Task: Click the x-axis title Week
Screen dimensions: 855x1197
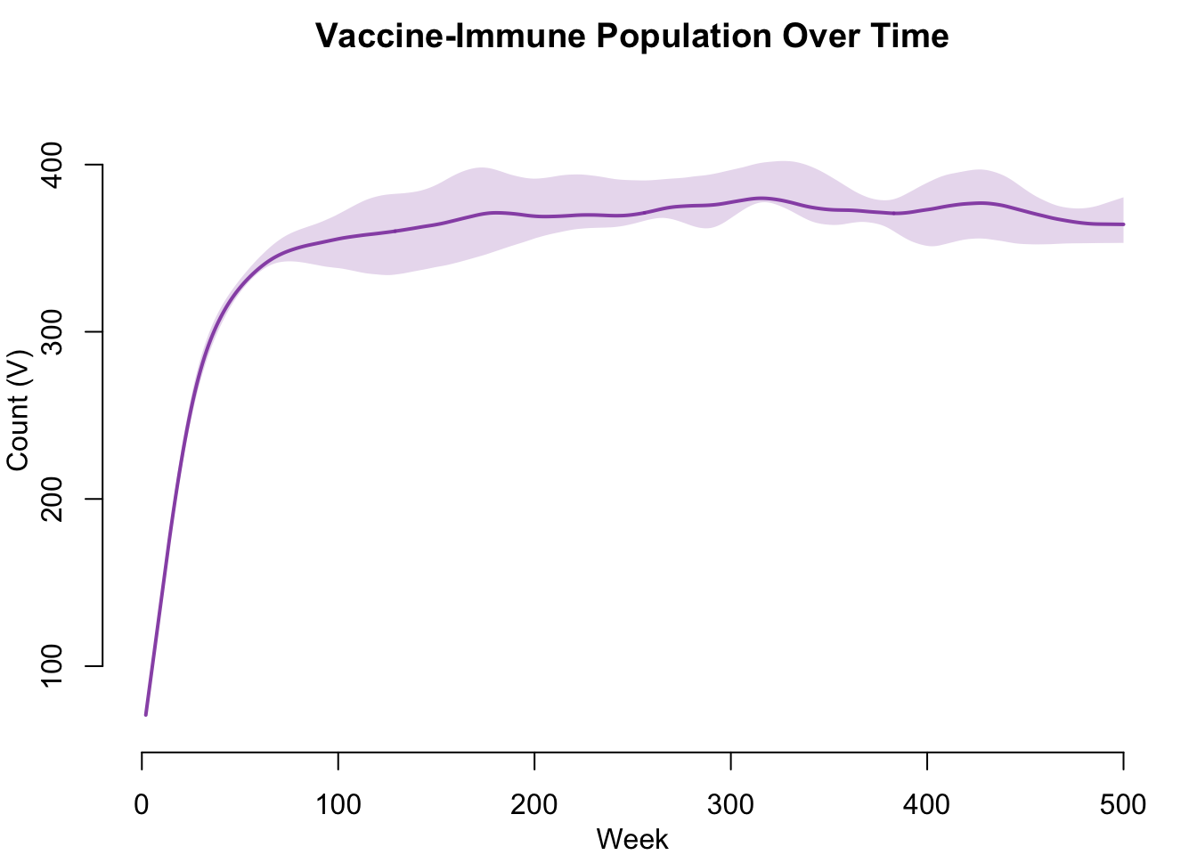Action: click(632, 839)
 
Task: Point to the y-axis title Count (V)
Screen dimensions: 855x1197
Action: click(18, 410)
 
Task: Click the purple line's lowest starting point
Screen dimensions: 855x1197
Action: click(146, 714)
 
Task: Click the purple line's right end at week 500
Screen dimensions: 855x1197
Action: click(1123, 224)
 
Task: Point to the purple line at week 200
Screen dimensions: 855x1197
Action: click(534, 216)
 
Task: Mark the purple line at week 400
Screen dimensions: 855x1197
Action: click(927, 209)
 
